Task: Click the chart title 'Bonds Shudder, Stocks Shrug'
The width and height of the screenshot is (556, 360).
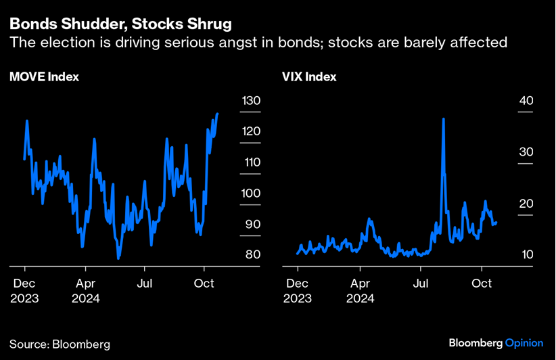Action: click(120, 24)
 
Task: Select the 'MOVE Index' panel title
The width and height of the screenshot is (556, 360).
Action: click(44, 77)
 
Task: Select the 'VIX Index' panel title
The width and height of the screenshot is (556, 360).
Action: click(309, 77)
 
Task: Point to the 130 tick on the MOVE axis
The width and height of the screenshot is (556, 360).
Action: click(251, 101)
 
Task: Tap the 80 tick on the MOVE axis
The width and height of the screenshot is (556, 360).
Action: click(251, 255)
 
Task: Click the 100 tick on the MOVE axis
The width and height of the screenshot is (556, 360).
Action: click(251, 194)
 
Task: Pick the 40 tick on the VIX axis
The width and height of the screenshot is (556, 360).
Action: click(526, 101)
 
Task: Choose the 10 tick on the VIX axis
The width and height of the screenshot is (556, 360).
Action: click(526, 255)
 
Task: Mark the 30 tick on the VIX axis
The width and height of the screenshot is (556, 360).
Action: click(526, 152)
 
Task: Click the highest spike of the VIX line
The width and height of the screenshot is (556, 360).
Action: click(443, 119)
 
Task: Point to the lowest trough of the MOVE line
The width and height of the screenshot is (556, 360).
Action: click(118, 258)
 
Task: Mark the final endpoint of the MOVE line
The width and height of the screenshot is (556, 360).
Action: click(217, 114)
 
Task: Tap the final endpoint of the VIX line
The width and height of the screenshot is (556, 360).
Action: click(497, 222)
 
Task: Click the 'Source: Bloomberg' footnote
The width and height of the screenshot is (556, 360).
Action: click(60, 344)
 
